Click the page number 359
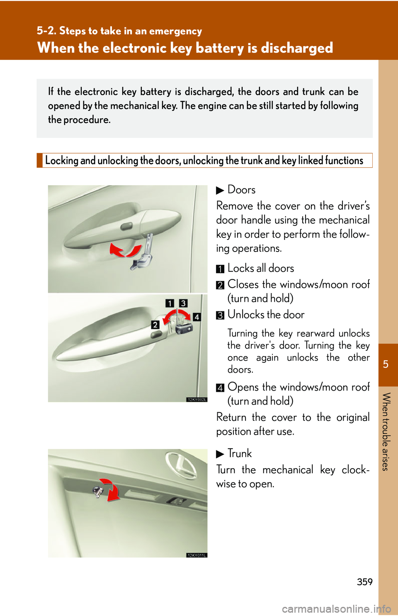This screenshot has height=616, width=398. [364, 582]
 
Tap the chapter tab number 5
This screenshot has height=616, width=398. [386, 364]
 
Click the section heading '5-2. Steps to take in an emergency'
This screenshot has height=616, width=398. [119, 31]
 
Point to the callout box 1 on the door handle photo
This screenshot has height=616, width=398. [170, 303]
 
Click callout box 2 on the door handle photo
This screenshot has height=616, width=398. [155, 325]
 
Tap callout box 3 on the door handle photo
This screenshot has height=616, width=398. [183, 303]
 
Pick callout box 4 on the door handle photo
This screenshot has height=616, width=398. [197, 317]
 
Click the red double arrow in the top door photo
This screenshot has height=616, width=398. [125, 250]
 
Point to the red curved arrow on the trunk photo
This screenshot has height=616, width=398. [111, 489]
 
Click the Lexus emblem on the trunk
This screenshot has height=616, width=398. [182, 465]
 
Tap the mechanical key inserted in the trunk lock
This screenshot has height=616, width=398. [98, 492]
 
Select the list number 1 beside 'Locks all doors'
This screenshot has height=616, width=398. [220, 269]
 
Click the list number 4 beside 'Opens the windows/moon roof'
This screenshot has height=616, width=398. [220, 388]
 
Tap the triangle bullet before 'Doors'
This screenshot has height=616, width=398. [220, 191]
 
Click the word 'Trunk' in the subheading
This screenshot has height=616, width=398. [240, 453]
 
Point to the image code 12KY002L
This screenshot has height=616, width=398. [197, 399]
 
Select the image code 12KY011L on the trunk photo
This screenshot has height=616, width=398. [197, 555]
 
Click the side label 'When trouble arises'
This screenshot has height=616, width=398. [386, 432]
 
